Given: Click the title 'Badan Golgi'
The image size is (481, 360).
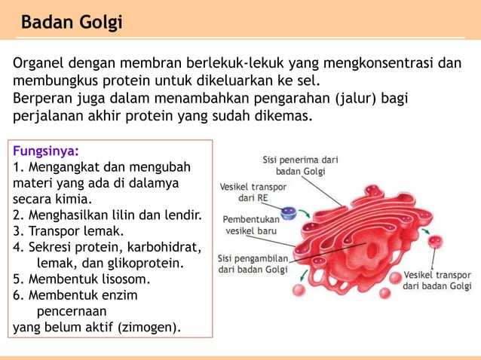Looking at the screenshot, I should (71, 23).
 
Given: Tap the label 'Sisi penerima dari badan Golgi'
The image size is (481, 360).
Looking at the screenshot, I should (300, 165).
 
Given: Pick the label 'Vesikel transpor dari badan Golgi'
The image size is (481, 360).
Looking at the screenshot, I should (437, 280).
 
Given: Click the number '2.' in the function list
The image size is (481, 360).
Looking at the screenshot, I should (18, 215).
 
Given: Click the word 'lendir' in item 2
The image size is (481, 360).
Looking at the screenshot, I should (181, 215).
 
